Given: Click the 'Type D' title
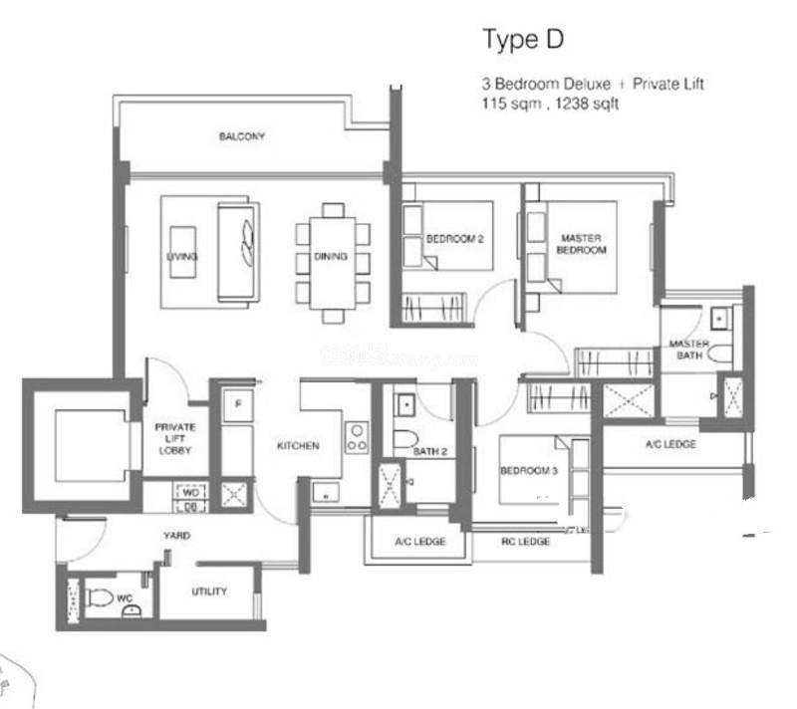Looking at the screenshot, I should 523,40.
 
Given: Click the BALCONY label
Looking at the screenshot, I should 242,136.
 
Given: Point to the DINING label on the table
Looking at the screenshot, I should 331,257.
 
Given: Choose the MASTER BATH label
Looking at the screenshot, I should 688,349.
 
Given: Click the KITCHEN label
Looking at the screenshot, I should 298,446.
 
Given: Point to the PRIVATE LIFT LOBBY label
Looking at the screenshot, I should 175,438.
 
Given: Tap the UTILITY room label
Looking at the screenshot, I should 209,591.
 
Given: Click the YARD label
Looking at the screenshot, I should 177,536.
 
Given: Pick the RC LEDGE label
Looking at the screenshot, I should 524,542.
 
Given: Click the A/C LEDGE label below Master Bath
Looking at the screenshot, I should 670,444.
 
